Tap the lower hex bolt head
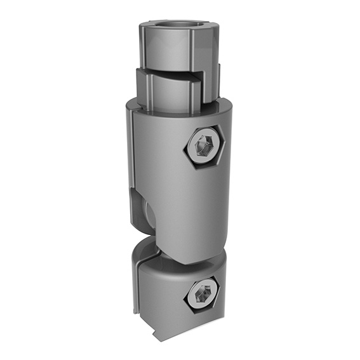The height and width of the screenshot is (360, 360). (203, 294)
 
